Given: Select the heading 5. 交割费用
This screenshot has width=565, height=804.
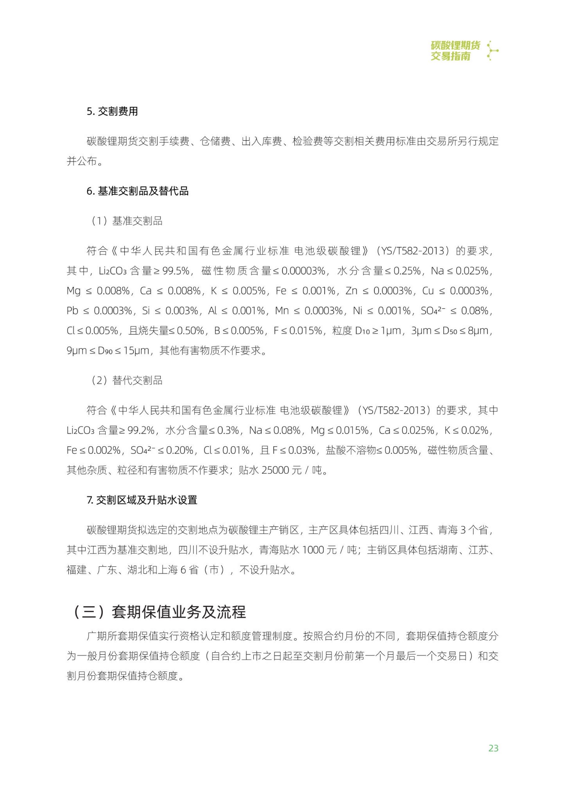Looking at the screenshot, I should pos(112,111).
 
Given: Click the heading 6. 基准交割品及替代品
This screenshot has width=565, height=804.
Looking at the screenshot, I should pos(138,191).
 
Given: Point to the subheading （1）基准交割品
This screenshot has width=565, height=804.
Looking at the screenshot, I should pos(127,221).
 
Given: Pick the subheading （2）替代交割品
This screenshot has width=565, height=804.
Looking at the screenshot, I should pos(127,380).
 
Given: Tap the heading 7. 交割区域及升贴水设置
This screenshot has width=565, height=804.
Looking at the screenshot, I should pos(142,500).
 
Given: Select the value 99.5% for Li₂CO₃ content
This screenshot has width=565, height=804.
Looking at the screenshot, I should pos(176,271).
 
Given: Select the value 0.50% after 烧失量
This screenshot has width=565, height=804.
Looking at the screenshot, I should pos(190,331).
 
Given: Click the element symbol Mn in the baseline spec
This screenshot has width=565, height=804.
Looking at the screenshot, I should pos(282,310).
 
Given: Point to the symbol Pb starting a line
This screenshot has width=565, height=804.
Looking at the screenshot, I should pos(72,310).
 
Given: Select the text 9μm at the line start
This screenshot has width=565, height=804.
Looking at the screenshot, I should pos(76,351).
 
